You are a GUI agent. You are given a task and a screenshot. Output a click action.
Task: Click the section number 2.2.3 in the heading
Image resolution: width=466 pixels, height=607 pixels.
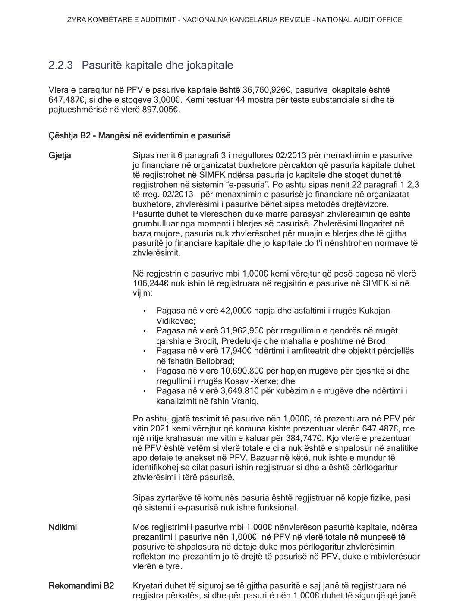[x=60, y=66]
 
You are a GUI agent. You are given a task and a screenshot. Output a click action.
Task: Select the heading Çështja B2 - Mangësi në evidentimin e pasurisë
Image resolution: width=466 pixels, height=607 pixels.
[x=139, y=136]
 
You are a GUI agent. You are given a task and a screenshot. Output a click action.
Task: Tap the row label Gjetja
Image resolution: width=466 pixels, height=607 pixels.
[x=60, y=156]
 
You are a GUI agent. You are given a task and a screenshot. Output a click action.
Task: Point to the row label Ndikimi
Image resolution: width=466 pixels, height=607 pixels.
[x=63, y=527]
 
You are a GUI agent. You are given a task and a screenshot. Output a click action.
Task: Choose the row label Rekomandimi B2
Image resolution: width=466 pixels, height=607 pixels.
[x=81, y=586]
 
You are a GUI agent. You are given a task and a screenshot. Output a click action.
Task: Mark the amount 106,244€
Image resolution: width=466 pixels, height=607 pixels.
[x=151, y=283]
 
